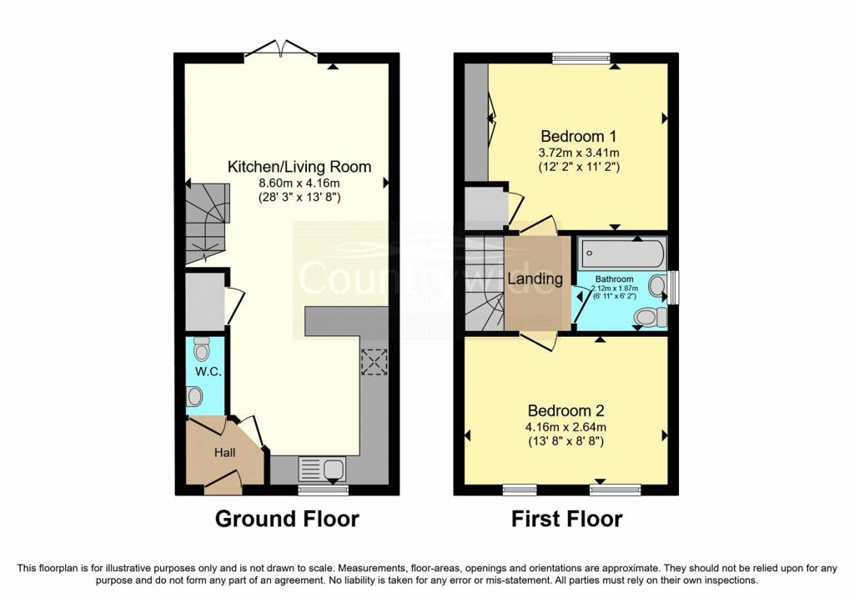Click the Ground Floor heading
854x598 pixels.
(x=287, y=519)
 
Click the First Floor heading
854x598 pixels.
(x=567, y=519)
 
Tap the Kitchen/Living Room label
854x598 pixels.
(x=299, y=167)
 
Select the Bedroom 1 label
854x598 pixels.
(x=579, y=136)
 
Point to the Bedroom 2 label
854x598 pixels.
(x=566, y=410)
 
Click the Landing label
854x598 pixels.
(x=535, y=279)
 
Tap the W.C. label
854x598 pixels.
(x=208, y=372)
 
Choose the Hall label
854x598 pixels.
(x=225, y=453)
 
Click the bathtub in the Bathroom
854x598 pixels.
(x=621, y=254)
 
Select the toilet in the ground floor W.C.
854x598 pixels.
(x=202, y=349)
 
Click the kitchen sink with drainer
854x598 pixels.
(x=323, y=469)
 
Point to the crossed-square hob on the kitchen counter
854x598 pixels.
(x=374, y=362)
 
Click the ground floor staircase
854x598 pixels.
(x=208, y=224)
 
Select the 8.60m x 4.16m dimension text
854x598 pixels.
(x=299, y=183)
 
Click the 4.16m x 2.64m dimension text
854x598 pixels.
(x=566, y=427)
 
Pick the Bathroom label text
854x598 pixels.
(x=615, y=279)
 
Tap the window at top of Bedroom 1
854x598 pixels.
(x=581, y=58)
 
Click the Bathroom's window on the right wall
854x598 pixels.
(x=673, y=287)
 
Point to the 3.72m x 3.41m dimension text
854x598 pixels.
(x=579, y=153)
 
